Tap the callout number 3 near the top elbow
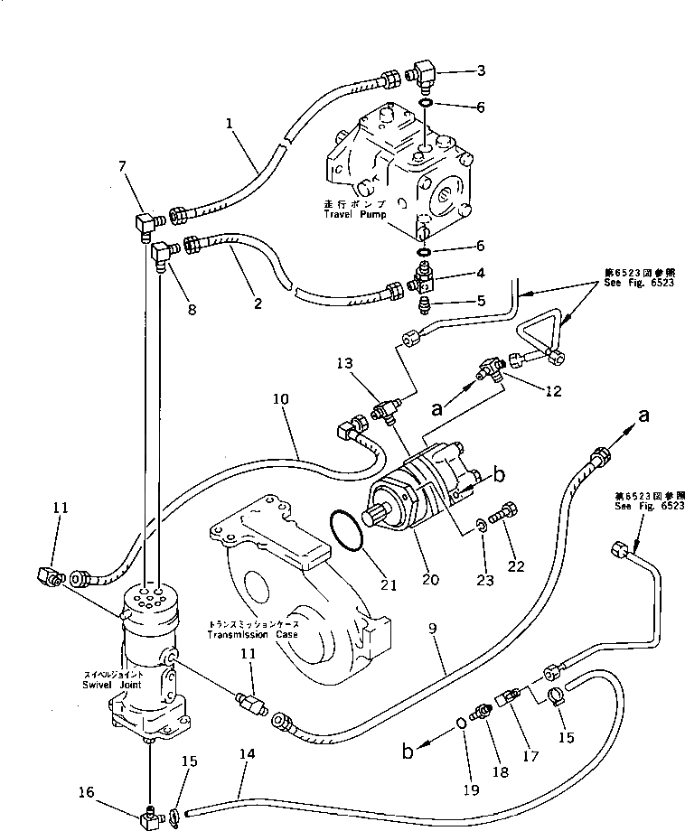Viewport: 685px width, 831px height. [482, 70]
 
